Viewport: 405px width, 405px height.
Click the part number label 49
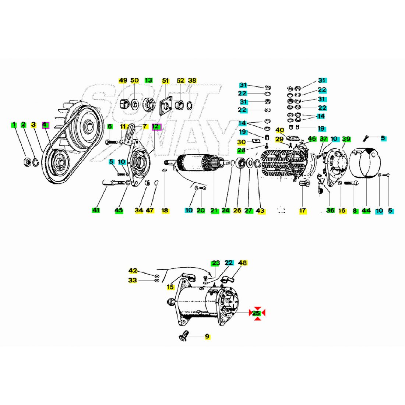[123, 80]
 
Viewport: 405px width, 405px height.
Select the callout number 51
[165, 80]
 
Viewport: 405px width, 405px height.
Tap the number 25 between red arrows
[257, 313]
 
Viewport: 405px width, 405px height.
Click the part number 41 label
[96, 210]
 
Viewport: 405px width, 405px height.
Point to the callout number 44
[366, 210]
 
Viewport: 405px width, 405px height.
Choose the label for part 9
[207, 336]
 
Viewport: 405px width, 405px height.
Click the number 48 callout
[243, 263]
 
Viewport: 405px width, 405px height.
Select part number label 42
[133, 271]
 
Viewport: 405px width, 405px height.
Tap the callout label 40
[280, 130]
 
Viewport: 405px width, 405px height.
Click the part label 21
[214, 210]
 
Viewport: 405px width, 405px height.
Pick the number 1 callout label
[14, 125]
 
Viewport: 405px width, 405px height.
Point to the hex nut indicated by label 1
[27, 161]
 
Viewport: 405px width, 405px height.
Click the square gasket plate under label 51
[165, 106]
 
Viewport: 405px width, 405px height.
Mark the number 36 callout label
[330, 210]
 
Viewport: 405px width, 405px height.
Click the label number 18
[165, 210]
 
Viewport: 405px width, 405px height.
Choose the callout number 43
[260, 211]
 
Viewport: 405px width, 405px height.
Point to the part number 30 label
[242, 142]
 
